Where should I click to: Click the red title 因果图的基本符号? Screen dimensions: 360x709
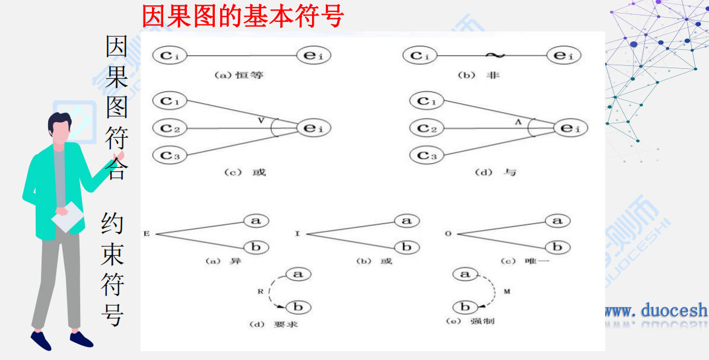(x=243, y=16)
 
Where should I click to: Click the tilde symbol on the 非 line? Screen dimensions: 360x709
(x=494, y=56)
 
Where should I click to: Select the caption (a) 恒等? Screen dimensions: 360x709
(x=239, y=75)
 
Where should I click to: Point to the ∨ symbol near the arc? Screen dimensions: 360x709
(x=261, y=120)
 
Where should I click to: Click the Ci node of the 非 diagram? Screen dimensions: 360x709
(x=420, y=56)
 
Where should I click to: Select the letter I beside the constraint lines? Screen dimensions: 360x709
(x=297, y=234)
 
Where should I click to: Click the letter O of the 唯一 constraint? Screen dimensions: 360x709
(x=448, y=234)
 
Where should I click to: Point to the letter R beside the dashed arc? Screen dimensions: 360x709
(x=259, y=292)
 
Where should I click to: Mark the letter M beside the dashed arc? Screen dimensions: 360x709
(x=506, y=292)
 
